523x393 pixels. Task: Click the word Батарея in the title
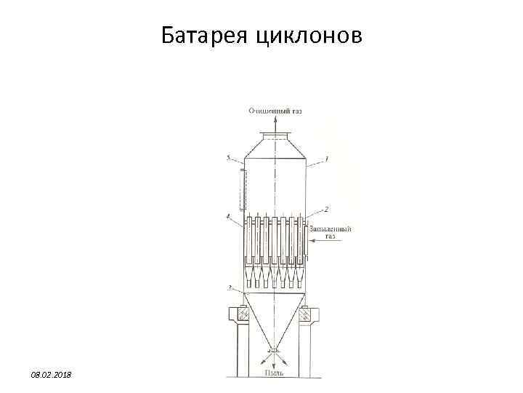tap(206, 34)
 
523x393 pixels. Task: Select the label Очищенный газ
tap(275, 111)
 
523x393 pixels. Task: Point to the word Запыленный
tap(331, 229)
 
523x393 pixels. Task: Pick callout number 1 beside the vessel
tap(327, 158)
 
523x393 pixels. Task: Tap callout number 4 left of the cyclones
tap(228, 215)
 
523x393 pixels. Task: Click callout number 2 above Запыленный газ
tap(327, 209)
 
